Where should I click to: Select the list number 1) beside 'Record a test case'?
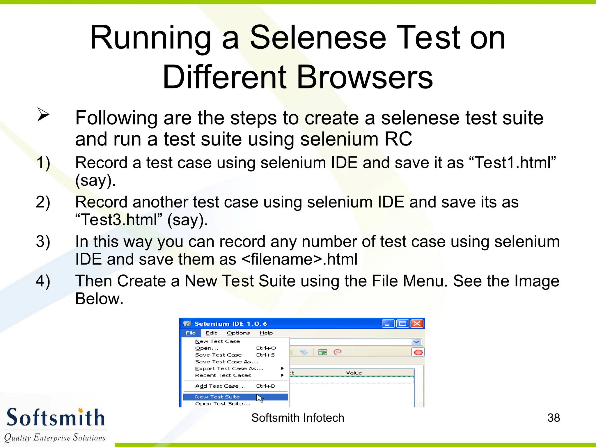(43, 162)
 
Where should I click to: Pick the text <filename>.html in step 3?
(299, 259)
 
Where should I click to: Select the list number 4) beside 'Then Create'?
(43, 281)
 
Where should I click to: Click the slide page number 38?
(554, 418)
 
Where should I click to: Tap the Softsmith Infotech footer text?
(298, 418)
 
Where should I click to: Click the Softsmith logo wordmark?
(55, 418)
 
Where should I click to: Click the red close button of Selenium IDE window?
(417, 324)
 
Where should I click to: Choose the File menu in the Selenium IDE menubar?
(191, 333)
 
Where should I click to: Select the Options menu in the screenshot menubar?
(238, 333)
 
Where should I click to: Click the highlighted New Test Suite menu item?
(217, 397)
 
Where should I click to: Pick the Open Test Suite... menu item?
(223, 404)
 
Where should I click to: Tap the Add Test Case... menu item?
(220, 386)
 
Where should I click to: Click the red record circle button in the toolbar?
(418, 352)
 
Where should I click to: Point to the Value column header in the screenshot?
(354, 373)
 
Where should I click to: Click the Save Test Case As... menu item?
(227, 362)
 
